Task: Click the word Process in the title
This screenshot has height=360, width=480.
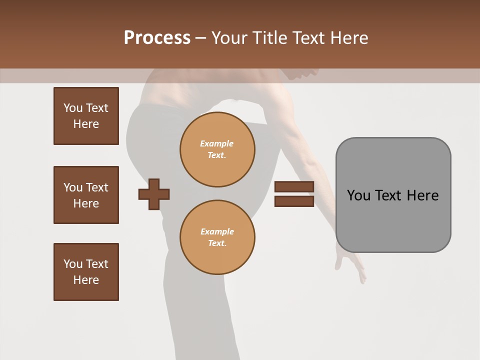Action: [x=157, y=38]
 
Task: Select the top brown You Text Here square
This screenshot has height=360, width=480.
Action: [x=86, y=116]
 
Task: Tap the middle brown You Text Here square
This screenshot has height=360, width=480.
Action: [x=86, y=195]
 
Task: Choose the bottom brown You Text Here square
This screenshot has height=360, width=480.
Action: [x=86, y=272]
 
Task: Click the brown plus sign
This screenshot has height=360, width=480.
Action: [x=154, y=194]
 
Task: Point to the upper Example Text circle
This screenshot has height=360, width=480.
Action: [x=217, y=149]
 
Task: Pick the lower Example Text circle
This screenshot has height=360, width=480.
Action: [x=217, y=237]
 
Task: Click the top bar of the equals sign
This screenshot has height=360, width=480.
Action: [x=294, y=187]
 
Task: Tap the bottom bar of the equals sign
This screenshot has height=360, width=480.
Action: [x=294, y=201]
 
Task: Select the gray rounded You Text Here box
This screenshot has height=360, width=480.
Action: [x=393, y=195]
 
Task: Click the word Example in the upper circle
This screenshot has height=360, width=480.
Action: [x=216, y=143]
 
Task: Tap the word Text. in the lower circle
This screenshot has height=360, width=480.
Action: [x=217, y=243]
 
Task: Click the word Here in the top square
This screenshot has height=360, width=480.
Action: [x=86, y=124]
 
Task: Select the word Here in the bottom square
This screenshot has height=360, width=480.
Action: [x=86, y=280]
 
